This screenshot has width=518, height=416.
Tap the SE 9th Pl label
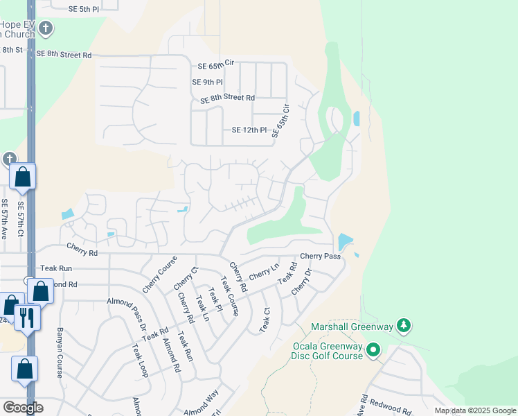(206, 82)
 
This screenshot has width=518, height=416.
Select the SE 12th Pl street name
(249, 130)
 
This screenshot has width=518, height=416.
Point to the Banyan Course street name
(60, 352)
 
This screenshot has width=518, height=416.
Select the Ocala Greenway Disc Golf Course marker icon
(374, 350)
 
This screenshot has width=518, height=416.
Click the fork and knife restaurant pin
(27, 317)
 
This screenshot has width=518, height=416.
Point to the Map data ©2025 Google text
(475, 410)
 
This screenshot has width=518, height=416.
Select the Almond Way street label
(201, 402)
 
